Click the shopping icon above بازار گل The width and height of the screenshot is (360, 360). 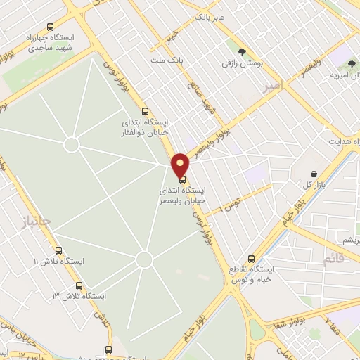tap(313, 173)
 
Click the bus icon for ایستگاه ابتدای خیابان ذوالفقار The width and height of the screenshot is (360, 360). tap(146, 110)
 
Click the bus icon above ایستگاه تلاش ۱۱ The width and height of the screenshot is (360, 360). tap(58, 250)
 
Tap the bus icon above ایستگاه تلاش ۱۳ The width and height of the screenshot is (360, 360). tap(79, 285)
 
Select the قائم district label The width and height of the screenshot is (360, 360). tap(334, 259)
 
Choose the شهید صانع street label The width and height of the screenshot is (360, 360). tap(200, 98)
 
